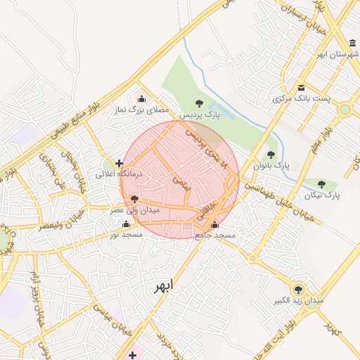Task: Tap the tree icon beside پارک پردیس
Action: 199,103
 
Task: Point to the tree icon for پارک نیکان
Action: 321,184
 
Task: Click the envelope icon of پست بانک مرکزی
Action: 301,87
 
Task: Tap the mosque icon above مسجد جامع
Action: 214,226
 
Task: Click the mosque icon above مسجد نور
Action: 126,224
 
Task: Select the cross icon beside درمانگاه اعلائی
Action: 119,163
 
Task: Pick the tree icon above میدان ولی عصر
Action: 134,200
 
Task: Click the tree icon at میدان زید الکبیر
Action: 298,290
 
